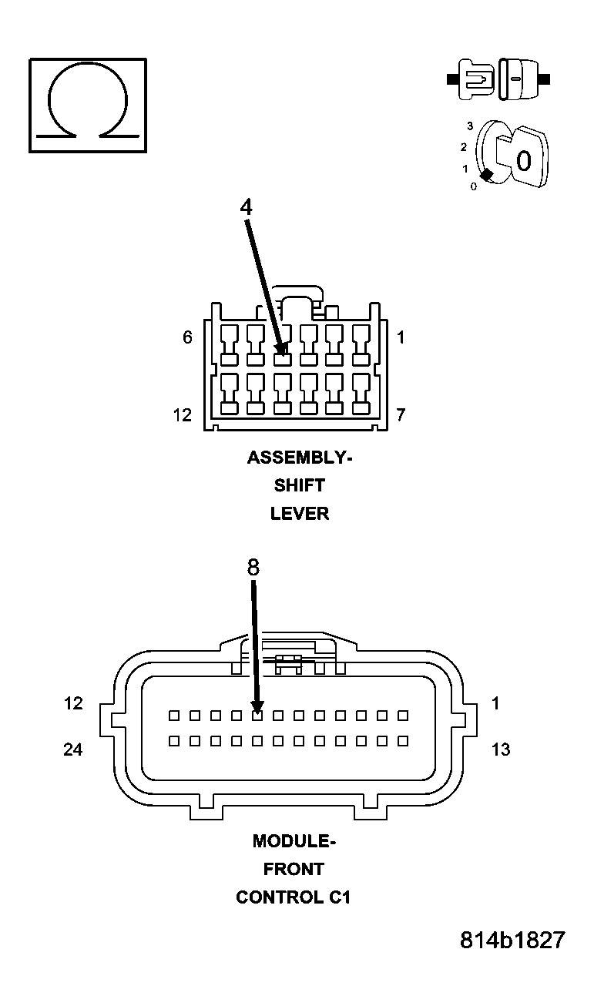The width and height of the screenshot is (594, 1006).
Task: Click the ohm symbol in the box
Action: pos(87,105)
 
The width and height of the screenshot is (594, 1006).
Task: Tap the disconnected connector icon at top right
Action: pos(498,79)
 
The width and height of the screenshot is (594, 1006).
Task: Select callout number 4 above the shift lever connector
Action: pos(246,207)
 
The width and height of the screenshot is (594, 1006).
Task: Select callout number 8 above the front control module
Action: pos(253,568)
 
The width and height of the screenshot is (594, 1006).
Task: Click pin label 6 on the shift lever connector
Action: pos(187,337)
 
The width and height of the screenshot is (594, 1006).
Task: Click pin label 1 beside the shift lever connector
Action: pos(401,337)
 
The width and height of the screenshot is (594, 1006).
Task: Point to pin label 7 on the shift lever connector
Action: pos(401,415)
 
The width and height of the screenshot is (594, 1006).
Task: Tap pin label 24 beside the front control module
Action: pos(73,749)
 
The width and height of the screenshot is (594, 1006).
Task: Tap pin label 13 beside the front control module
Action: pos(500,749)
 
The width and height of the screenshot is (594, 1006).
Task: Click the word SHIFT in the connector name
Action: pos(299,485)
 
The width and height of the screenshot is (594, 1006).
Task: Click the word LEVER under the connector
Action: pos(299,514)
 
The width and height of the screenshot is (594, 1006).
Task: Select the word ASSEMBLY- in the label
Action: pos(299,458)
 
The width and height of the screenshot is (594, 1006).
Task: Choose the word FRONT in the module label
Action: pos(294,869)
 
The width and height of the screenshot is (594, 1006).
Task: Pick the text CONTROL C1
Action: pos(294,897)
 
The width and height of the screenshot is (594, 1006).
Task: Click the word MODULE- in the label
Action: pos(294,841)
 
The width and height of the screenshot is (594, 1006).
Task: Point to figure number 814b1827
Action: pos(512,941)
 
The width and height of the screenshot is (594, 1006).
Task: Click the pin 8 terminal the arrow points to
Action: pos(257,716)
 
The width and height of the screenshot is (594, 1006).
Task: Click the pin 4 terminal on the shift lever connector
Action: pos(283,358)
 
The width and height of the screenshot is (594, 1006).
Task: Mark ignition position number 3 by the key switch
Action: pos(469,126)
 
